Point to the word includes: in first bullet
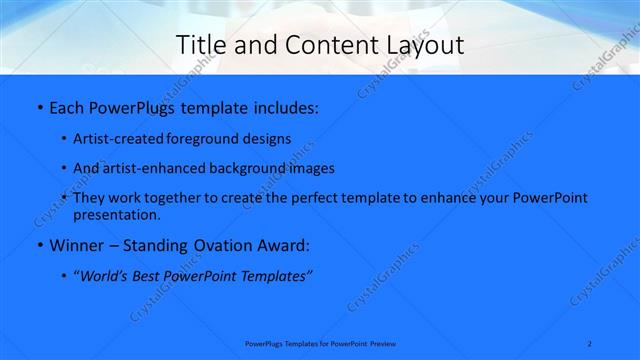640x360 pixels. (282, 106)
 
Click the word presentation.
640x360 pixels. (116, 214)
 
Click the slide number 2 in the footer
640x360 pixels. (590, 343)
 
